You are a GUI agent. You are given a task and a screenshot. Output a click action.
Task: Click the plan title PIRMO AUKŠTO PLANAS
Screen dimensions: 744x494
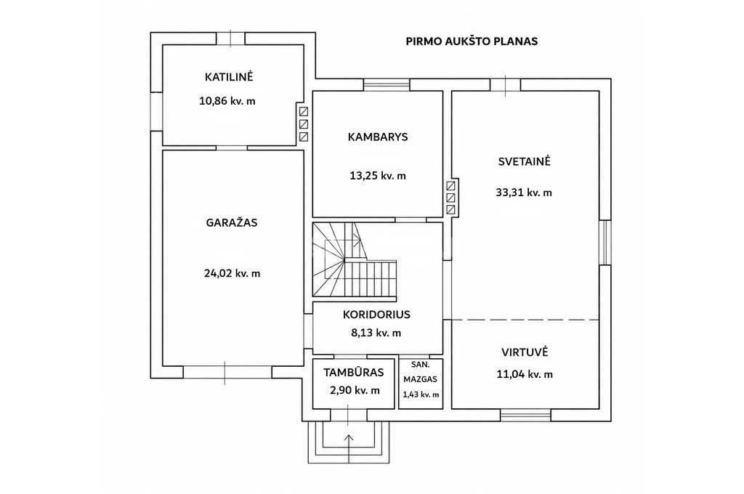[472, 41]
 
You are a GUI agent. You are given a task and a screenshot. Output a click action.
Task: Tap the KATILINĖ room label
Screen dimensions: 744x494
[229, 77]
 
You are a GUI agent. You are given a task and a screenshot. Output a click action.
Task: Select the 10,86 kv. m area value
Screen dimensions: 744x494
[227, 100]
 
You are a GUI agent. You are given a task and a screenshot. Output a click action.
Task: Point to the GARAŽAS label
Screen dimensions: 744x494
[232, 222]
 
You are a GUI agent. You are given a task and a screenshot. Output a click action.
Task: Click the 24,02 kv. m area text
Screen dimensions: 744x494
[232, 273]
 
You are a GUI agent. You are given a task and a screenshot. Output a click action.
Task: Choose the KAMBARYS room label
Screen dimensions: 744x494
[378, 137]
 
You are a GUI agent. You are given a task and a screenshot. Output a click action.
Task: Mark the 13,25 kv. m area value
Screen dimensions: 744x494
[378, 176]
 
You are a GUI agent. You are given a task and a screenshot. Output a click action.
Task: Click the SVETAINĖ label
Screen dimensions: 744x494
[525, 161]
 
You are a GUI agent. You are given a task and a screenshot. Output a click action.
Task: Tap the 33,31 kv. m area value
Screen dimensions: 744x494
[524, 193]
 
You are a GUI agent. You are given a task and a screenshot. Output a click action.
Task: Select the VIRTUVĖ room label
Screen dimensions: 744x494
[525, 352]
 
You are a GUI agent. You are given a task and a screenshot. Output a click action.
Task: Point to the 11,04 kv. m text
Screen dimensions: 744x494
[525, 374]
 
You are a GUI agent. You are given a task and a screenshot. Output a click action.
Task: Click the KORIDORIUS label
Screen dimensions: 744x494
[377, 315]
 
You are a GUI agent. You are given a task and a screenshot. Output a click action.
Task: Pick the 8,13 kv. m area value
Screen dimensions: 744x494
[376, 333]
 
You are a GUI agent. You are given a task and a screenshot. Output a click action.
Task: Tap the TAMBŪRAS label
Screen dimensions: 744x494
[354, 373]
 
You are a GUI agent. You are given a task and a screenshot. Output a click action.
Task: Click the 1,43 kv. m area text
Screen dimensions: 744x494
[421, 394]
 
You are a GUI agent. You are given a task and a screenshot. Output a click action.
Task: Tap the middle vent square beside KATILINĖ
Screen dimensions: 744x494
[304, 124]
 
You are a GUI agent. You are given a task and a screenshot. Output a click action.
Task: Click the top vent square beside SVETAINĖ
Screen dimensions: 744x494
[451, 185]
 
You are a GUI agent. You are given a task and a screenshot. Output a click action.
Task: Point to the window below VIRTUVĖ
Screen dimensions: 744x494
[525, 416]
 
